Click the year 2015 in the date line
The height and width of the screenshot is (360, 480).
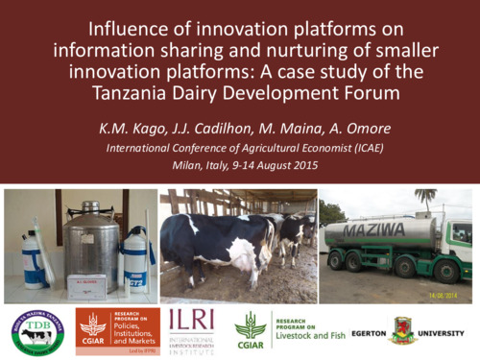point(307,167)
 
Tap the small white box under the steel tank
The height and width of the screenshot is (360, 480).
point(86,286)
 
